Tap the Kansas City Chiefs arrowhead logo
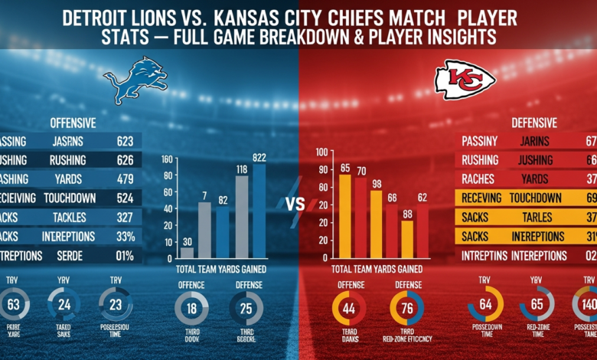[462, 80]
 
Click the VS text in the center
[296, 205]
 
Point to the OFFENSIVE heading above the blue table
[73, 122]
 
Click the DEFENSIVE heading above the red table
[535, 122]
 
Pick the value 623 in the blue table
[125, 141]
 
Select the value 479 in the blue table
[125, 179]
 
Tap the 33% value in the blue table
[125, 237]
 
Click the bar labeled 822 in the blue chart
[259, 211]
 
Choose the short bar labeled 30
[187, 252]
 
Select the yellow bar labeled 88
[407, 239]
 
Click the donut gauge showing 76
[406, 308]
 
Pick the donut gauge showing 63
[14, 305]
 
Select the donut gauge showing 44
[348, 308]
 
